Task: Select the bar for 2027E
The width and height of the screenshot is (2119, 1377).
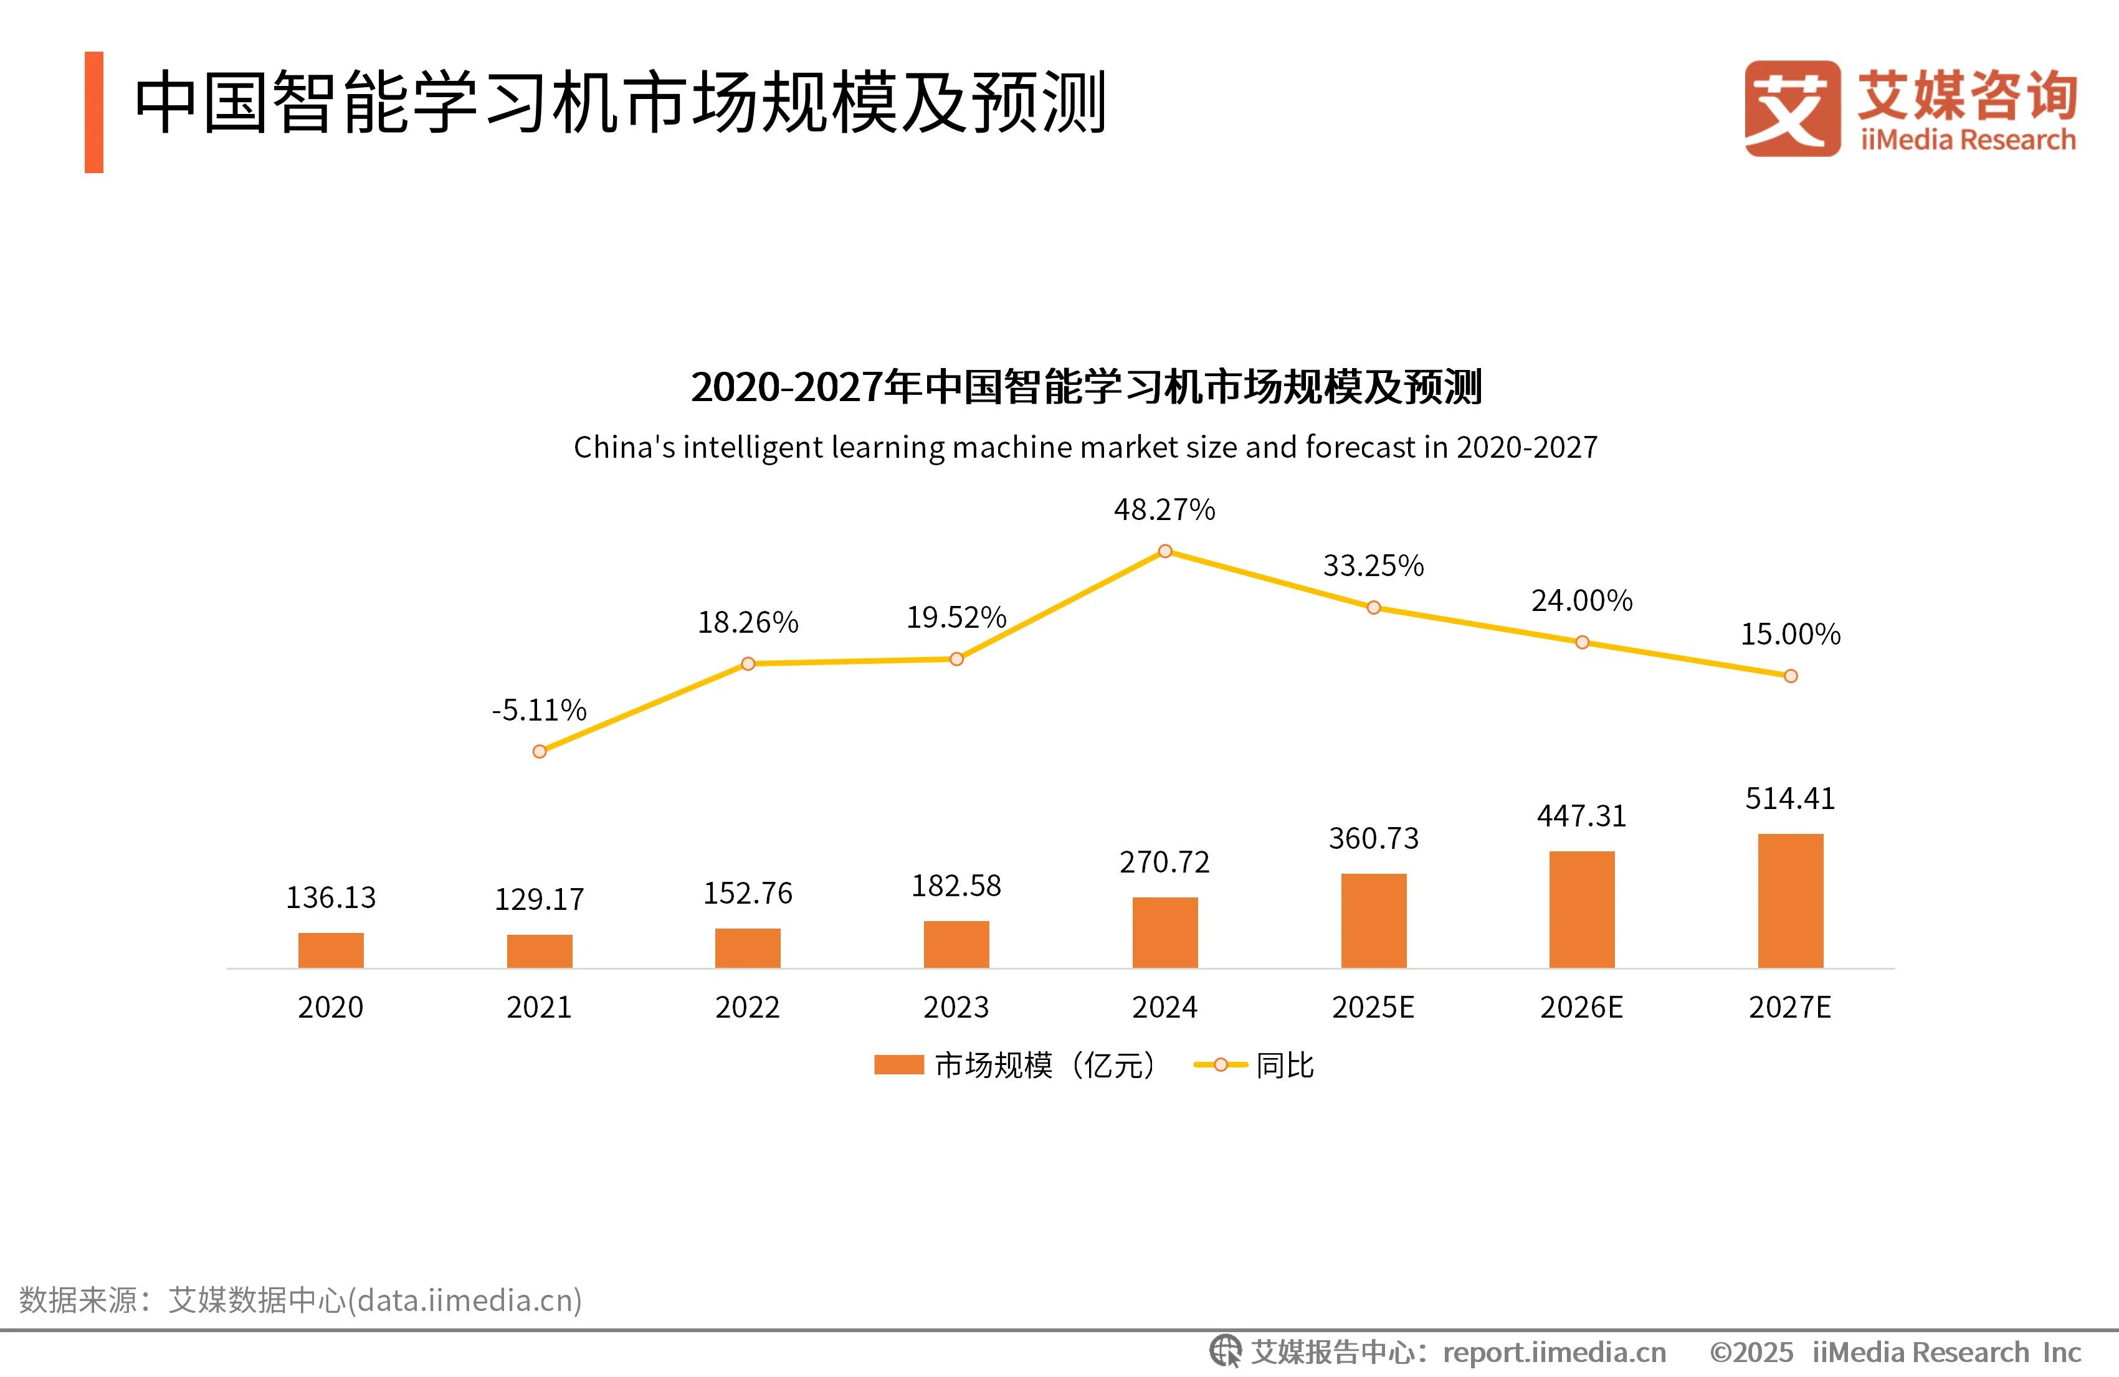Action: pos(1791,900)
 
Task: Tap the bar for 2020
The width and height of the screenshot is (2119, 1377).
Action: pos(330,950)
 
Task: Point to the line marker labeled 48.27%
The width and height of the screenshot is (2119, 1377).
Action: pos(1164,551)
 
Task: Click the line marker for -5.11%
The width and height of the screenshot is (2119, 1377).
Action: pos(540,751)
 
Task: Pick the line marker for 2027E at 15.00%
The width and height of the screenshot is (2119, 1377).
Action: pos(1791,676)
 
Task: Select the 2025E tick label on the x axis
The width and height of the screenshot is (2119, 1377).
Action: pos(1373,1006)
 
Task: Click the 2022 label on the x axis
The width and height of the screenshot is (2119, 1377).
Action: pos(747,1006)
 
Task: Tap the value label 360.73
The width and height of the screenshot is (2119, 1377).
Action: pos(1373,838)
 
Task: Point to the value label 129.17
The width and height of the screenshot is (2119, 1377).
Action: pos(540,899)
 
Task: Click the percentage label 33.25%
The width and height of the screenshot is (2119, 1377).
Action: pos(1373,565)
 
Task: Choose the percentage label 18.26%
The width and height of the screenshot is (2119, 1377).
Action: pos(747,622)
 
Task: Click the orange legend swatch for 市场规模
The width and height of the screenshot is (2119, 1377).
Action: pos(898,1064)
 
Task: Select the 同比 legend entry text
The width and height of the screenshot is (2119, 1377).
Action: pos(1284,1064)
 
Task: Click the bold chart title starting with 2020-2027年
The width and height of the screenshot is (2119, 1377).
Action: pos(1085,387)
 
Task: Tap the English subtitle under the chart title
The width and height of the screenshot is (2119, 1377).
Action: pos(1085,447)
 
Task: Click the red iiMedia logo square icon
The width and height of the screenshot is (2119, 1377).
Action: pos(1791,108)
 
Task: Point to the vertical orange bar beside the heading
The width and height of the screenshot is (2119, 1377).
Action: pos(94,112)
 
